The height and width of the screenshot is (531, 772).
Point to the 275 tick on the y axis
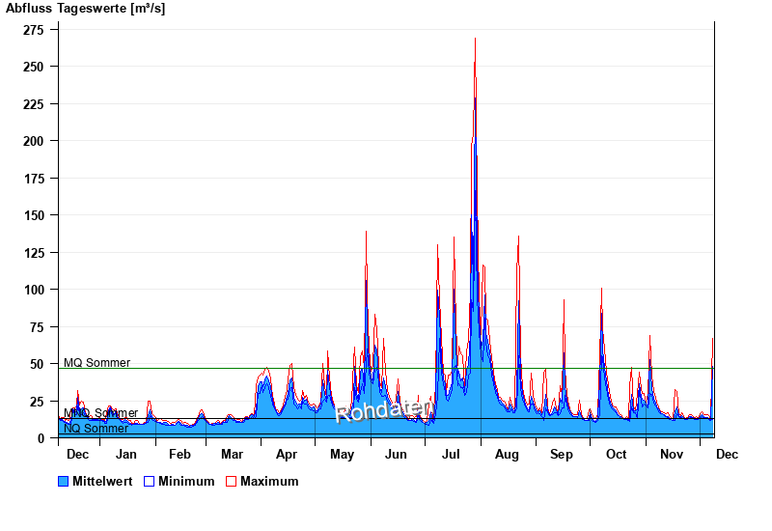pyautogui.click(x=35, y=30)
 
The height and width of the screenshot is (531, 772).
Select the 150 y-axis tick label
pyautogui.click(x=35, y=215)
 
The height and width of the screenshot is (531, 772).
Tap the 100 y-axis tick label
pyautogui.click(x=35, y=290)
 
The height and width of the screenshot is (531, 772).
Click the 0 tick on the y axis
pyautogui.click(x=41, y=438)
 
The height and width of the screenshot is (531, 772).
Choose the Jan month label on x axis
pyautogui.click(x=125, y=454)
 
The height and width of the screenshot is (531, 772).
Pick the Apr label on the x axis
pyautogui.click(x=287, y=454)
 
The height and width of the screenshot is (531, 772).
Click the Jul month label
pyautogui.click(x=452, y=454)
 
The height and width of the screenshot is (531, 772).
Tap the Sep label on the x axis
pyautogui.click(x=562, y=454)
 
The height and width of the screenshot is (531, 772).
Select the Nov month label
pyautogui.click(x=671, y=454)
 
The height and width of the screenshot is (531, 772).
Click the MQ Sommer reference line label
pyautogui.click(x=96, y=363)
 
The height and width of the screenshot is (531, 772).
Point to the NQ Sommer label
pyautogui.click(x=96, y=429)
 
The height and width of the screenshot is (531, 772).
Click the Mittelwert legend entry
pyautogui.click(x=94, y=481)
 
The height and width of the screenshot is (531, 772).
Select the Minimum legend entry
pyautogui.click(x=179, y=481)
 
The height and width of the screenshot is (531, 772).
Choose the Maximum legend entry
pyautogui.click(x=262, y=481)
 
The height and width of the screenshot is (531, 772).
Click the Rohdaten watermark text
pyautogui.click(x=383, y=410)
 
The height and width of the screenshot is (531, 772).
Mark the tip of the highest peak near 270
pyautogui.click(x=475, y=39)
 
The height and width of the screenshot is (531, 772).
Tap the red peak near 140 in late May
pyautogui.click(x=366, y=232)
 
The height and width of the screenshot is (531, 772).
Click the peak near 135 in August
pyautogui.click(x=518, y=237)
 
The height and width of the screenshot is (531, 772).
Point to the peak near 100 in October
pyautogui.click(x=601, y=289)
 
